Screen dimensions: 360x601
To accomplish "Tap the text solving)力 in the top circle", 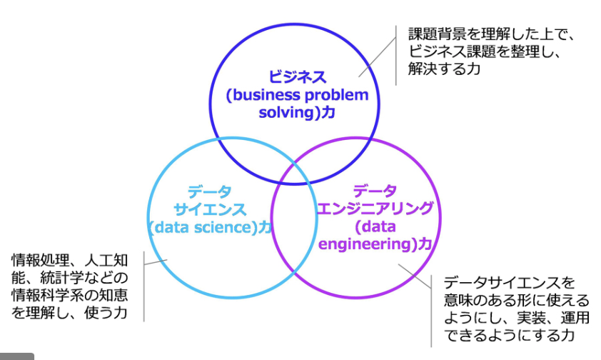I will click(x=297, y=113).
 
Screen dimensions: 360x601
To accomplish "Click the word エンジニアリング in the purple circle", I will click(x=375, y=209).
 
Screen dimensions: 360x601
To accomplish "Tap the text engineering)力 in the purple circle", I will click(x=375, y=244).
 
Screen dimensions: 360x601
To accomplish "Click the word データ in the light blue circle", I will click(x=210, y=191).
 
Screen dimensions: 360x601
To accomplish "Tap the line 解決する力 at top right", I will click(x=444, y=69).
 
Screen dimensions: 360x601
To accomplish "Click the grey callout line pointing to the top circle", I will click(x=378, y=56).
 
